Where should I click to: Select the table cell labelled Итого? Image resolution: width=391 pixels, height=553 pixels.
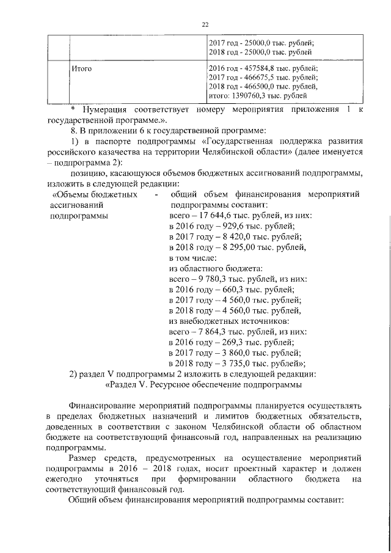pyautogui.click(x=82, y=68)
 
